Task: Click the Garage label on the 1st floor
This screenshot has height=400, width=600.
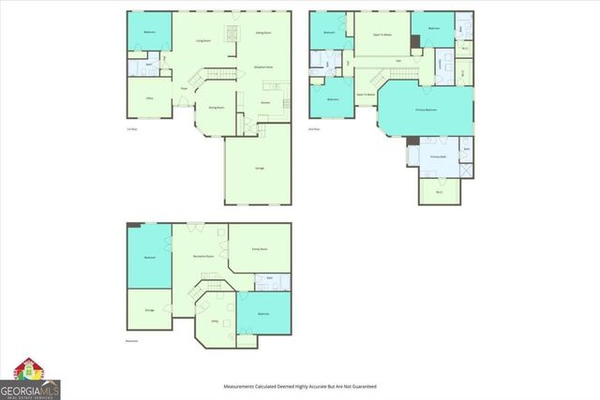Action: pos(259,168)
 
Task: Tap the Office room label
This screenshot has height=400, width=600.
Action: pos(149,97)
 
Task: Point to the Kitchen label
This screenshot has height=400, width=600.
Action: pos(265,102)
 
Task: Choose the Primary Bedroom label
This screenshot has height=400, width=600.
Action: pos(426,110)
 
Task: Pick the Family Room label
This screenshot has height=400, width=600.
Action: pos(260,248)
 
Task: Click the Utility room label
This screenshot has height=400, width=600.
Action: pos(215,320)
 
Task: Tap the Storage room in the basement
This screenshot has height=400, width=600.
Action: pos(149,309)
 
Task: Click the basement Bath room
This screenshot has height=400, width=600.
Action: pos(269,278)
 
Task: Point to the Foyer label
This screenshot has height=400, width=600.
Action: pos(184,89)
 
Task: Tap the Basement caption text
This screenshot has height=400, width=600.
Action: pos(132,341)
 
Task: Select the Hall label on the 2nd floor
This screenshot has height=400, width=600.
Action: pos(398,61)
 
